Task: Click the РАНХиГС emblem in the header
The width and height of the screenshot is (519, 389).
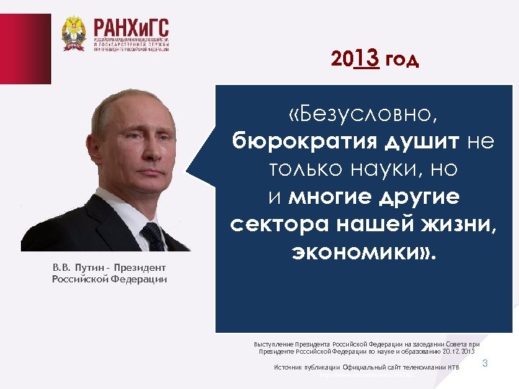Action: [x=74, y=34]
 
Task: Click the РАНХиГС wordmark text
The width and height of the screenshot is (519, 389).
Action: [x=130, y=28]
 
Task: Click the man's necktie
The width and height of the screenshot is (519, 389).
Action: [x=153, y=236]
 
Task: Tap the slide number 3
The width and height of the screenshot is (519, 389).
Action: [x=485, y=363]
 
